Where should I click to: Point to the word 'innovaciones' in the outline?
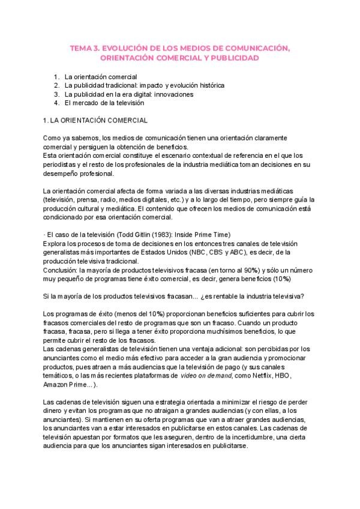(x=173, y=94)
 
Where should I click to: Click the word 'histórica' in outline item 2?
(x=208, y=86)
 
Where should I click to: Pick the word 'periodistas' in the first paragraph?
(x=60, y=164)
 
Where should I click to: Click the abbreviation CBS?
(x=226, y=252)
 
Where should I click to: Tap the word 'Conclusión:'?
(x=61, y=270)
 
